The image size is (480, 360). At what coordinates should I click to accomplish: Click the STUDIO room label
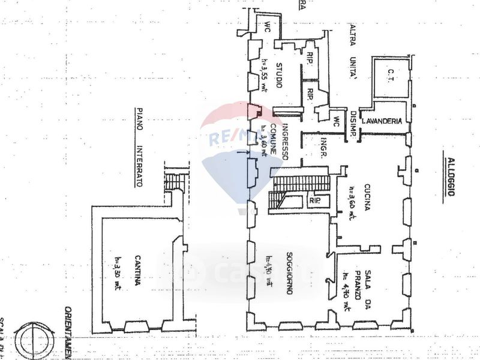(279, 76)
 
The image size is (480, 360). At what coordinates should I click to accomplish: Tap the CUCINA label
(367, 199)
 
